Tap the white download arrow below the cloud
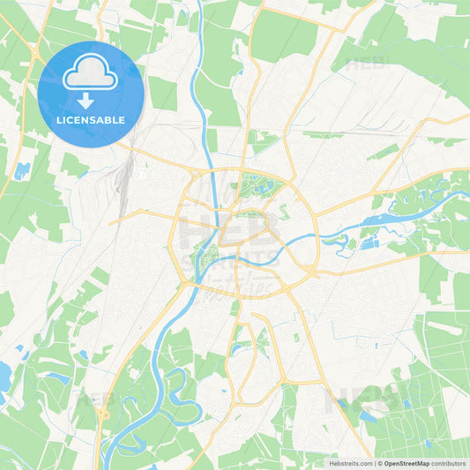tap(86, 100)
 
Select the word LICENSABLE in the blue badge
tap(90, 120)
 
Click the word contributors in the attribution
tap(449, 462)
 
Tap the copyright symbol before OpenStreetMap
tap(380, 462)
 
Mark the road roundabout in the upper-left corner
tap(35, 56)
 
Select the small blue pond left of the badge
tap(21, 168)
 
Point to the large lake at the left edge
tap(4, 376)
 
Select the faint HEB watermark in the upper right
tap(365, 63)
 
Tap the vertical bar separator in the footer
tap(375, 462)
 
